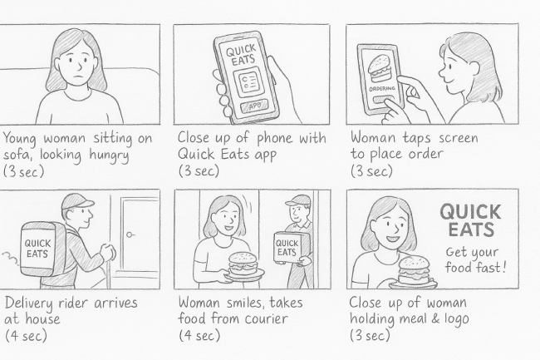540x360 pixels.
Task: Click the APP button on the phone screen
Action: pos(255,106)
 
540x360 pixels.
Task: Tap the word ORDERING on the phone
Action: pos(382,88)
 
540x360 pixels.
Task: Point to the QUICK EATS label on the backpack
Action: pos(37,249)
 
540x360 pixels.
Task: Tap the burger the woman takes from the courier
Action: pos(243,264)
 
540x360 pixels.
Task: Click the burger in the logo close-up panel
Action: pos(413,271)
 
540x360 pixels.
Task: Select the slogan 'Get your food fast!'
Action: pos(476,259)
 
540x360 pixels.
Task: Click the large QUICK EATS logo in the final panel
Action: pos(471,219)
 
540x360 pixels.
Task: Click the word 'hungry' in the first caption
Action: pos(109,155)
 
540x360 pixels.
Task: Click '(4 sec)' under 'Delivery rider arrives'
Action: pos(27,336)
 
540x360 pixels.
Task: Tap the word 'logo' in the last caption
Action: pos(454,318)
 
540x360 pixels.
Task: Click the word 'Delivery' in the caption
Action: pos(30,303)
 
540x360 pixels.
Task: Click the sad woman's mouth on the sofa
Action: pos(79,76)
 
